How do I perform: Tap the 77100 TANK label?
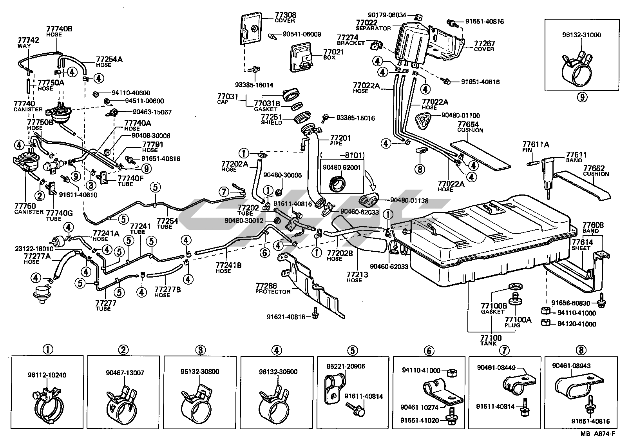tap(491, 338)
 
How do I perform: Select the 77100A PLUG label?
tap(518, 320)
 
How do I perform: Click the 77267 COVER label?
tap(484, 44)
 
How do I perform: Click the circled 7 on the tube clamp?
tap(224, 192)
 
